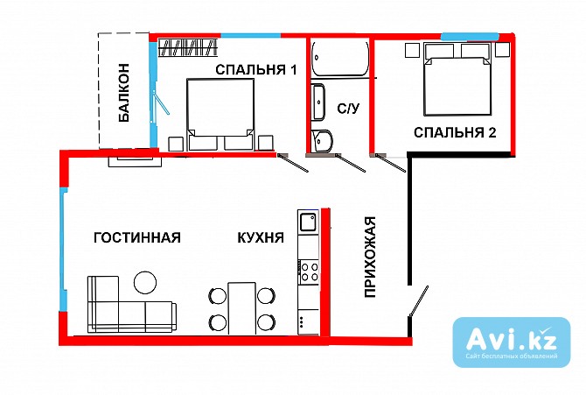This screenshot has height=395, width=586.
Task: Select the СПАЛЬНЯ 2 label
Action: (x=455, y=133)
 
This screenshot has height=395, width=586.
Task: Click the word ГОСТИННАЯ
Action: (x=136, y=238)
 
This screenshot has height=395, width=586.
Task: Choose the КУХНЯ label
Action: (x=260, y=238)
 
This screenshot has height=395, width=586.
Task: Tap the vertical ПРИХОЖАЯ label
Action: (x=370, y=257)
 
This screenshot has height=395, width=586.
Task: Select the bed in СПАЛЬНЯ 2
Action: (x=456, y=83)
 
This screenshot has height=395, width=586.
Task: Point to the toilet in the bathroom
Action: (x=322, y=140)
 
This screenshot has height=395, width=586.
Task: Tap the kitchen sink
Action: (x=308, y=222)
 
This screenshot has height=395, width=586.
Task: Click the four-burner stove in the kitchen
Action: (x=308, y=271)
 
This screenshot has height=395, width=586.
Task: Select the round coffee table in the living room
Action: (x=144, y=282)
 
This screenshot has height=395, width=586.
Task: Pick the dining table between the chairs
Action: (x=241, y=307)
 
